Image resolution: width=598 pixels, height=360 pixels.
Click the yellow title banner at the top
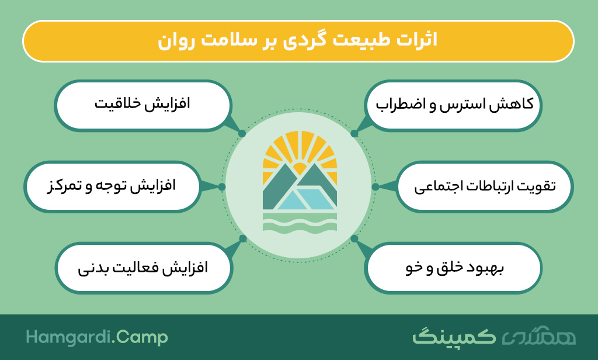point(298,41)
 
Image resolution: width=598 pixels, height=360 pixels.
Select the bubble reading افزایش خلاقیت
point(142,105)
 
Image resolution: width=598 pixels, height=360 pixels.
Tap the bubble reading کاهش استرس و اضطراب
point(453,105)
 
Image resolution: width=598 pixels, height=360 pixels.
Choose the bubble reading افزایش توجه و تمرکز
point(112,186)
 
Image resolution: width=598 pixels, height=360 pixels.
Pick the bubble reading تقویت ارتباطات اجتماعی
point(485,186)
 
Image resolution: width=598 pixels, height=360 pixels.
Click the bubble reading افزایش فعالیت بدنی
point(144,268)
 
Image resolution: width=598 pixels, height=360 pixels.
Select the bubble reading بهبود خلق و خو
point(453,268)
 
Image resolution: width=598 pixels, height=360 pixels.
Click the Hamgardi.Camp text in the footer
point(97,337)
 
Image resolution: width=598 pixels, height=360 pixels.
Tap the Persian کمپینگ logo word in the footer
point(454,337)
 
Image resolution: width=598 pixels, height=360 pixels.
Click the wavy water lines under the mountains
point(300,223)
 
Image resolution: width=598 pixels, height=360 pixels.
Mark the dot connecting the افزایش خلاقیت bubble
point(242,134)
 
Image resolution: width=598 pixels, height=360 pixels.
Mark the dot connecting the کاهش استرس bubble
point(354,134)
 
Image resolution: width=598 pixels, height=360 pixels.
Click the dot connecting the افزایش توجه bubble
point(222,186)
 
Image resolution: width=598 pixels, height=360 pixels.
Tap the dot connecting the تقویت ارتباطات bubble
point(376,186)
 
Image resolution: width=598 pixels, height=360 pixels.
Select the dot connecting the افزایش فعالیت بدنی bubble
point(243,238)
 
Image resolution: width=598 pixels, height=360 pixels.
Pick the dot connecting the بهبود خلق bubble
point(354,238)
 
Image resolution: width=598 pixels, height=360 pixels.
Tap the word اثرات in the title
point(417,40)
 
